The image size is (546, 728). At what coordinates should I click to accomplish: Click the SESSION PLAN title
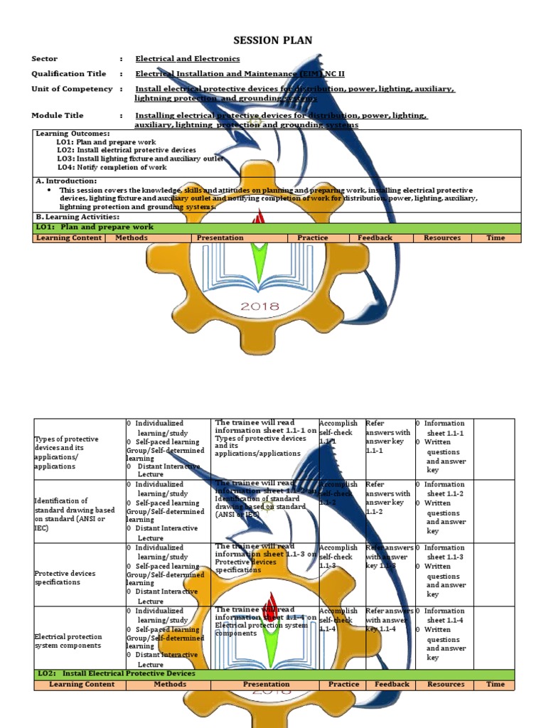coord(273,41)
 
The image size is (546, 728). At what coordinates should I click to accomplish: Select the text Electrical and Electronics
coord(188,59)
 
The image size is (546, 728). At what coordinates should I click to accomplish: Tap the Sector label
coord(45,59)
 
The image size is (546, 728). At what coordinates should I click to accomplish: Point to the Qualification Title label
coord(69,74)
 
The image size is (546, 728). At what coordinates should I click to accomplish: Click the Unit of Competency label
coord(72,89)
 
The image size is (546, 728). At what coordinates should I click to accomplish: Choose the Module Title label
coord(58,115)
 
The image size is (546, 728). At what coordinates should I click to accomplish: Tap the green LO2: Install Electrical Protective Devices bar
coord(274,673)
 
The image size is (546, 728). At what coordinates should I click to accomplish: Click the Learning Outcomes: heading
coord(73,134)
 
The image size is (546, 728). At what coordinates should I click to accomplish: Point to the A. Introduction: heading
coord(66,181)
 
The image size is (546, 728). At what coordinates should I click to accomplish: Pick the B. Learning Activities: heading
coord(77,217)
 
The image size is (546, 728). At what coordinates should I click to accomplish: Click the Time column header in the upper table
coord(496,238)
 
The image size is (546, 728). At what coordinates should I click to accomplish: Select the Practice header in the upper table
coord(313,238)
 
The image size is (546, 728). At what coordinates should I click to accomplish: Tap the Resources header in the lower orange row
coord(446,685)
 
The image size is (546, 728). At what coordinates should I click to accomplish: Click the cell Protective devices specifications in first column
coord(65,577)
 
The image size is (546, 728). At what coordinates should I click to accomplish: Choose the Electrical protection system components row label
coord(68,641)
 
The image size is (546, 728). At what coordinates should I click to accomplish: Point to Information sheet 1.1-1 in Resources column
coord(445,428)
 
